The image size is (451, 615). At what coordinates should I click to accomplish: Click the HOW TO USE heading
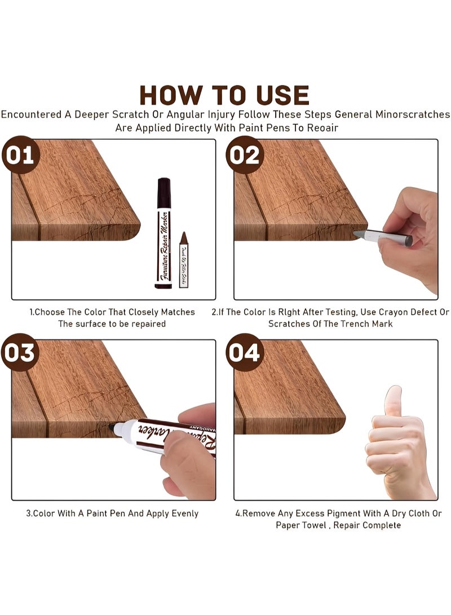pyautogui.click(x=224, y=95)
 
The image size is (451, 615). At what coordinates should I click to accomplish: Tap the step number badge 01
pyautogui.click(x=20, y=154)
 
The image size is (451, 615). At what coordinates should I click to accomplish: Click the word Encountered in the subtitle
pyautogui.click(x=32, y=114)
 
